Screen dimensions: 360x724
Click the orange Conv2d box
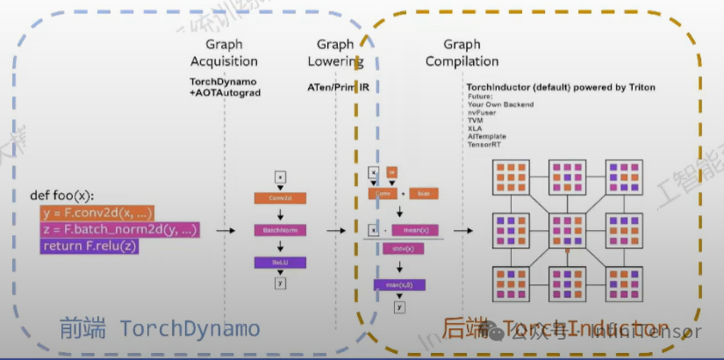280,198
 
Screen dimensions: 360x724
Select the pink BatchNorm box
280,230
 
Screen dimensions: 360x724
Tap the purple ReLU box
280,262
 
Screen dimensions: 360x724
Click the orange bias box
424,193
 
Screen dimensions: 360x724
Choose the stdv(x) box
400,248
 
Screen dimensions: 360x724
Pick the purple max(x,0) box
399,284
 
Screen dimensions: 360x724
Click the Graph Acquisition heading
224,53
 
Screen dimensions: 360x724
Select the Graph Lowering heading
335,53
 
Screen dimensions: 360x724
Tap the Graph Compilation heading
462,53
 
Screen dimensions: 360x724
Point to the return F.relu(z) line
90,246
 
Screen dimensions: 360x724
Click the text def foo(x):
61,195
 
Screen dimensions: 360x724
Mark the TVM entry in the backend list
477,119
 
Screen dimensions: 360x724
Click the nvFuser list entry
481,112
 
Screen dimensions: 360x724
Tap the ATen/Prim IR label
338,89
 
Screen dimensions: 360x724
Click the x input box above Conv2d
280,177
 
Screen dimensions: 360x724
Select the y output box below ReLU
280,283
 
